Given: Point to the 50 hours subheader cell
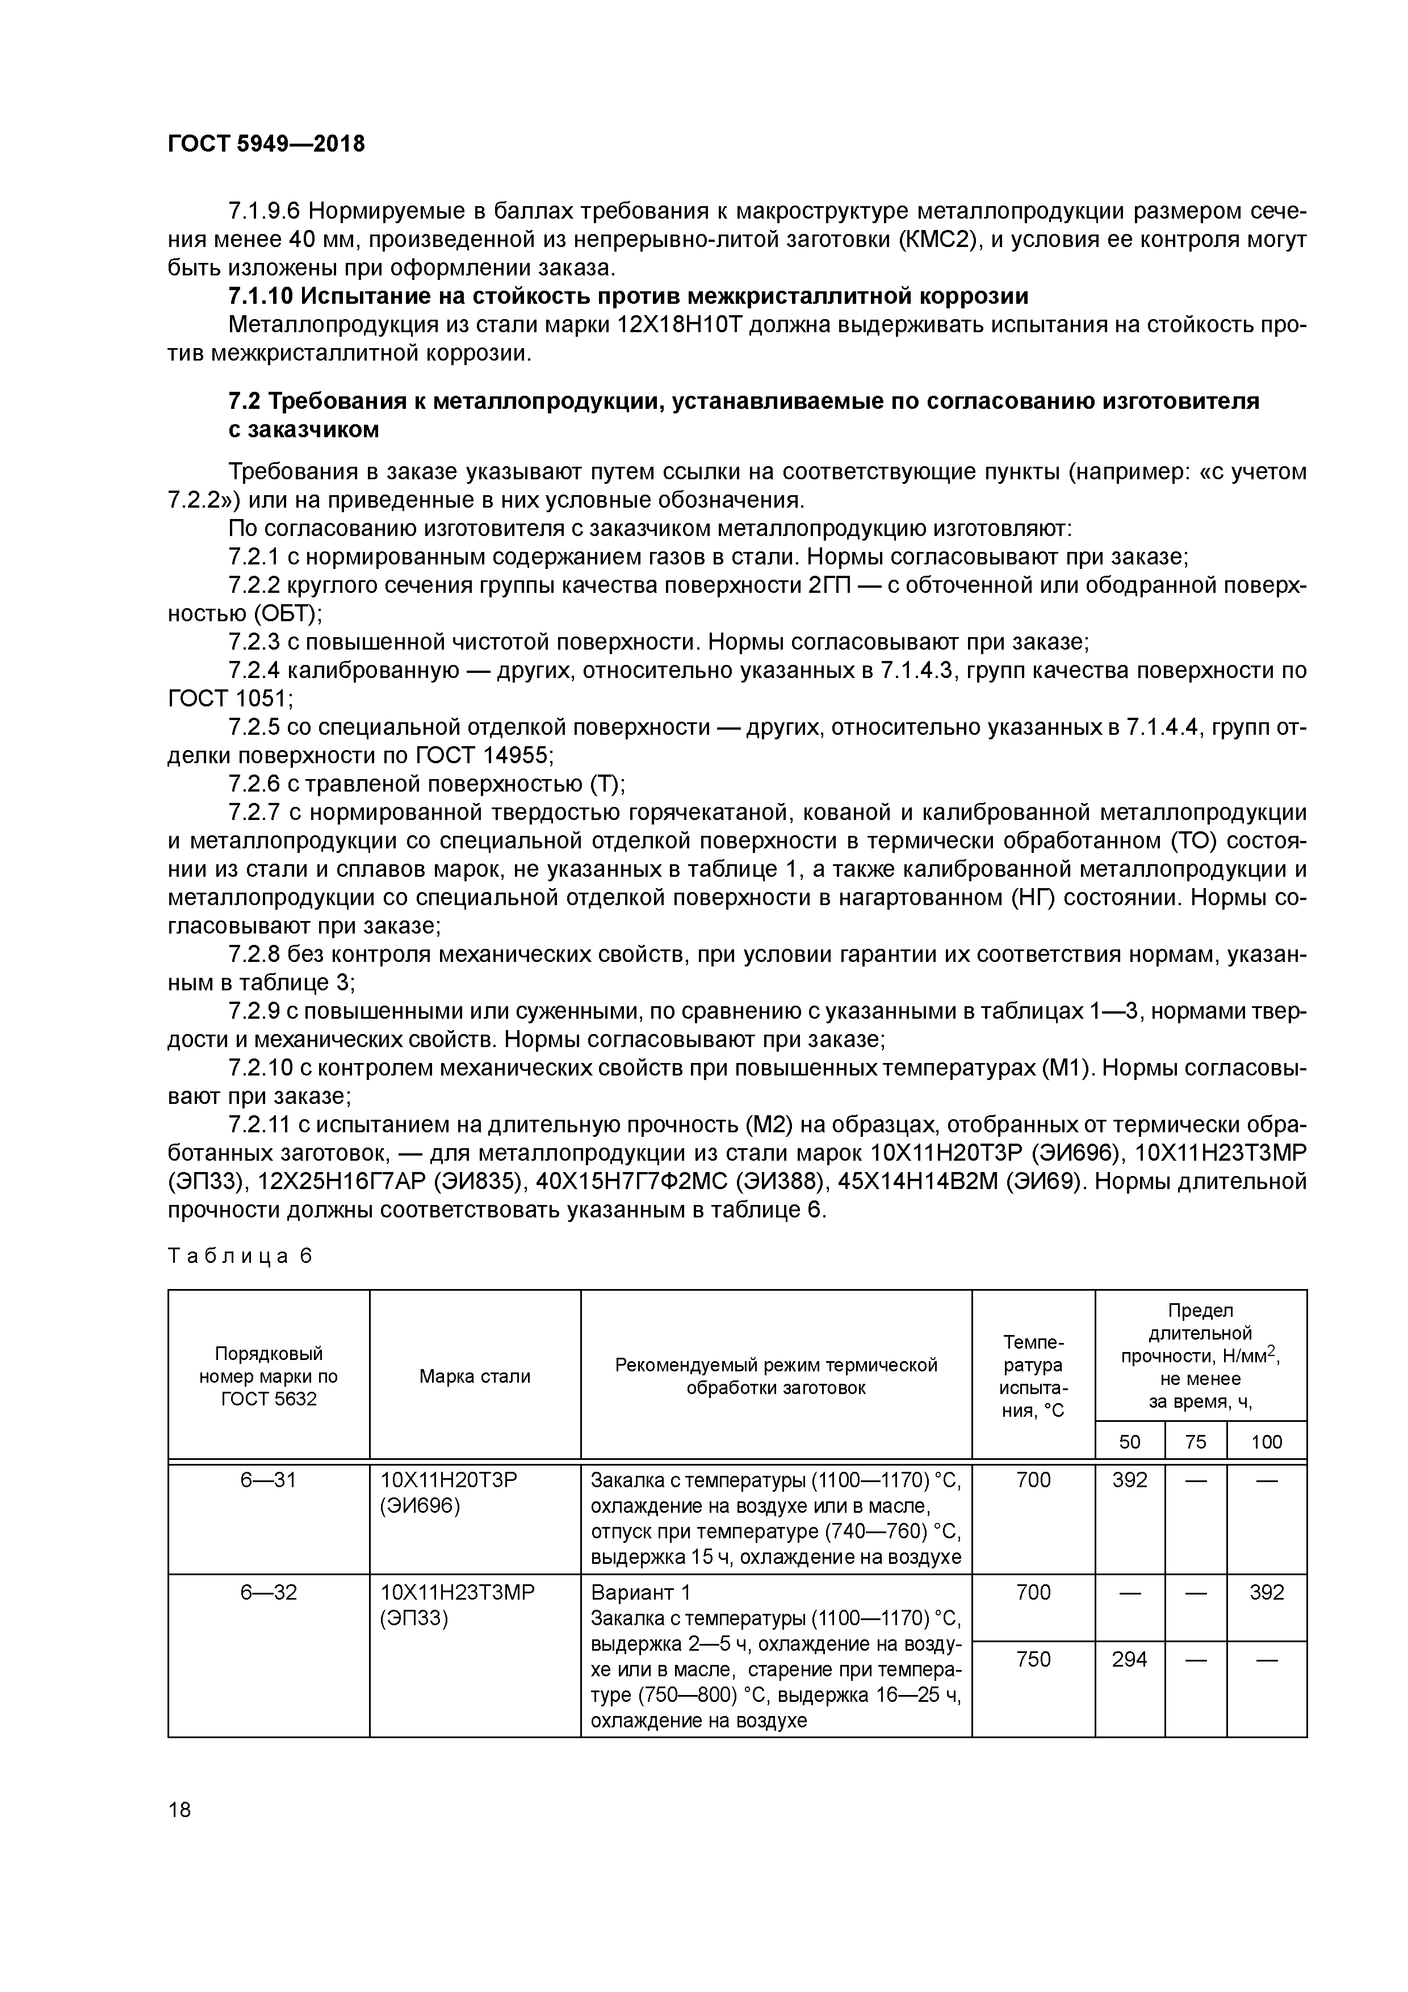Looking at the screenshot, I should pos(1130,1442).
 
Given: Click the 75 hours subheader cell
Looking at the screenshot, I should pos(1196,1442).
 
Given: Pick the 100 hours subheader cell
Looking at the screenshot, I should pos(1267,1442).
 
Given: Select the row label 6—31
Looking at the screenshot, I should pos(268,1480).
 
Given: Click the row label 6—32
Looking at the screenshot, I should pos(268,1592).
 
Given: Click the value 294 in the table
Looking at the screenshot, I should pos(1130,1660).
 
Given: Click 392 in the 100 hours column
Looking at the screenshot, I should pos(1267,1592).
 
